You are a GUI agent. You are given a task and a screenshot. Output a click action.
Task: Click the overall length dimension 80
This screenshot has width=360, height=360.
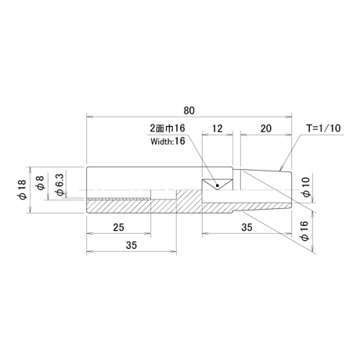point(189,110)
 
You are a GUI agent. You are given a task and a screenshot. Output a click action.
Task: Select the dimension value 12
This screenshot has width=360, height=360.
point(217,128)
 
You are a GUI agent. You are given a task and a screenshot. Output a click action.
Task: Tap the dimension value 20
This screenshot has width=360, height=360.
point(266,128)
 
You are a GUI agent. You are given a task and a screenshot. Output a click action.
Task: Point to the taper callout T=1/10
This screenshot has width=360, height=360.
point(323,128)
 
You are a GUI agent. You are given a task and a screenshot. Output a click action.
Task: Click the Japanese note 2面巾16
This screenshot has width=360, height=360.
point(167,128)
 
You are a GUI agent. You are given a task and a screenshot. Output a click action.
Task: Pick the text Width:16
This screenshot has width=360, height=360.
point(167,141)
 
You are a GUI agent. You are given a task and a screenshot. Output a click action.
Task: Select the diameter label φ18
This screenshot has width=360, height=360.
point(23,189)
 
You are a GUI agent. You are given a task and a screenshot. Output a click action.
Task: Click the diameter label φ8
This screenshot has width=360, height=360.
point(40,182)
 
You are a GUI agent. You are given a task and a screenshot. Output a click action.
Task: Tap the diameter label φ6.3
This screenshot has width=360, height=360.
point(59,185)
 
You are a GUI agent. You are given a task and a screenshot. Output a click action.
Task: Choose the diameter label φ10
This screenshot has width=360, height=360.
point(307,187)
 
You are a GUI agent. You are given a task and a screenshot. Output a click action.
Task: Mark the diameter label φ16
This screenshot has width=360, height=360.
point(304,231)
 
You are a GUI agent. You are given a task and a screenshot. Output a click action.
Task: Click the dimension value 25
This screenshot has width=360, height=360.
point(118,228)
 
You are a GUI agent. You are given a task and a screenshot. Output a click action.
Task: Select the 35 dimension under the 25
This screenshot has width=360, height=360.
point(131,245)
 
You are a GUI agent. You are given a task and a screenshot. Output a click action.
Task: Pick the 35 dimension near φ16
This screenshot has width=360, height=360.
point(247,227)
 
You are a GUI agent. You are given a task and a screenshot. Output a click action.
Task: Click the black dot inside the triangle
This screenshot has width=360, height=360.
point(218,185)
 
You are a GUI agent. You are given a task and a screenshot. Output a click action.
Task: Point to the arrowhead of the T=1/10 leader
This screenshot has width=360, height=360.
point(281,169)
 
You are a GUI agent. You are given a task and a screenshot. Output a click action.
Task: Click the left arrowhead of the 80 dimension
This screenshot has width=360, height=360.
point(89,117)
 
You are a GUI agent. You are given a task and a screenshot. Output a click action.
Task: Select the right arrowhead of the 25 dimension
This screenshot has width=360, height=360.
point(148,234)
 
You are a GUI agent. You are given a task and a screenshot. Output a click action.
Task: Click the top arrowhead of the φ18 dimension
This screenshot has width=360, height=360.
point(31,170)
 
